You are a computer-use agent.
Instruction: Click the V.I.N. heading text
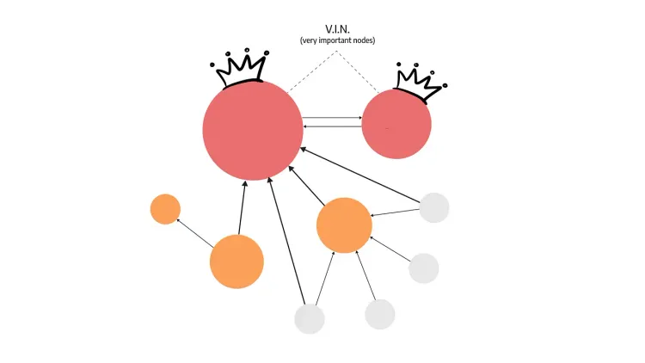337,29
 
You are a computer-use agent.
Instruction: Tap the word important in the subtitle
337,40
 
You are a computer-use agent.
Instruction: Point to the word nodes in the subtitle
363,40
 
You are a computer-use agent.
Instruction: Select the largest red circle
253,130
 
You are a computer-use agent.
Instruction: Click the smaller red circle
396,125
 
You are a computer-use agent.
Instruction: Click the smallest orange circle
165,209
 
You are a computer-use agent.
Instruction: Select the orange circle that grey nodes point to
344,225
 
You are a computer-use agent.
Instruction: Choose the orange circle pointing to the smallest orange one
236,261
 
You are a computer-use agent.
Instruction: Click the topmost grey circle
434,207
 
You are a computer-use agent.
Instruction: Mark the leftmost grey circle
310,318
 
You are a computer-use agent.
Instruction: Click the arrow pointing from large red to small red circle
332,118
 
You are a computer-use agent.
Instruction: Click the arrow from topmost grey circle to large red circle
361,175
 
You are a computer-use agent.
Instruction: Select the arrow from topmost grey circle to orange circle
396,212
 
